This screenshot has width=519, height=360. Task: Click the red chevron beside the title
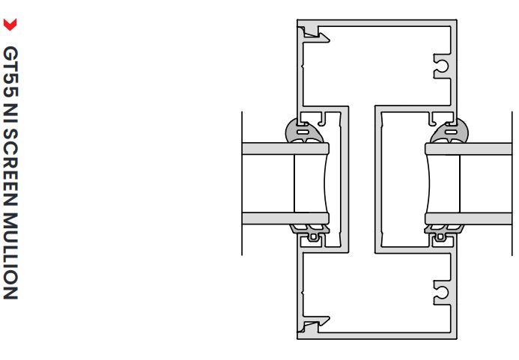click(10, 25)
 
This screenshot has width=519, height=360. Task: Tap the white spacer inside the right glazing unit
click(443, 184)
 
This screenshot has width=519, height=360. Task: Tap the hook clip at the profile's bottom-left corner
click(309, 327)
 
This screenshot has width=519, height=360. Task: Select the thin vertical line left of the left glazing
click(242, 183)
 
